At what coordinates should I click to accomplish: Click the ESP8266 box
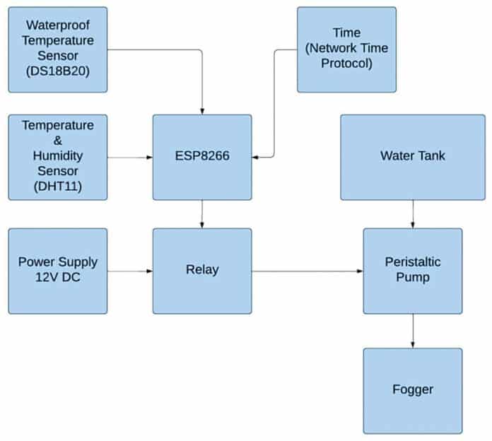click(x=202, y=157)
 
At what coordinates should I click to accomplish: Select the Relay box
click(x=202, y=270)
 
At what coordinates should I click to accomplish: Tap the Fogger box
click(x=413, y=389)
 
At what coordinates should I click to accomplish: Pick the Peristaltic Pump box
click(x=413, y=270)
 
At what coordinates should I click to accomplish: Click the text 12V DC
click(x=58, y=277)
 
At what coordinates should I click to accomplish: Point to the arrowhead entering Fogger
click(x=413, y=344)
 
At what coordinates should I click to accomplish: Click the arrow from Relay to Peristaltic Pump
click(x=307, y=271)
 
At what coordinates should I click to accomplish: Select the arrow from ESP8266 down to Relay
click(x=202, y=214)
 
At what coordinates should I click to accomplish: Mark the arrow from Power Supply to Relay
click(x=130, y=271)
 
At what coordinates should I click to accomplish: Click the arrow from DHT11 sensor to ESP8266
click(x=130, y=157)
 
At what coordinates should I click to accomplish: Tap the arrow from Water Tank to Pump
click(x=413, y=214)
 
